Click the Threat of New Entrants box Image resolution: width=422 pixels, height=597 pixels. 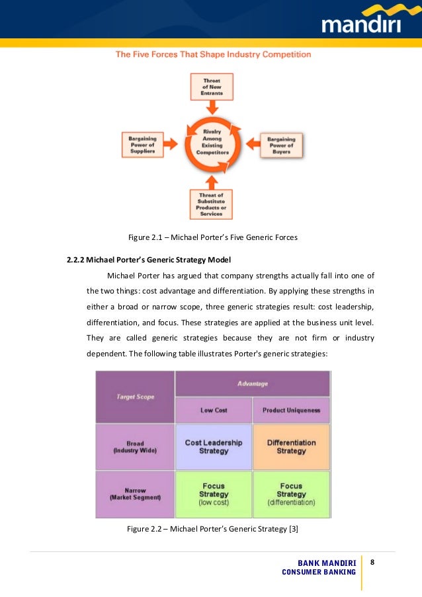pyautogui.click(x=211, y=87)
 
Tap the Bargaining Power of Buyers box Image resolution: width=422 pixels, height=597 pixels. pyautogui.click(x=284, y=144)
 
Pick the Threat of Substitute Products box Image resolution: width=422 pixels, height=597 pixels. pyautogui.click(x=211, y=204)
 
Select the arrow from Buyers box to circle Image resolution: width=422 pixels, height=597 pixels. pyautogui.click(x=253, y=143)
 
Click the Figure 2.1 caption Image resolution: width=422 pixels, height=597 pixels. pyautogui.click(x=212, y=237)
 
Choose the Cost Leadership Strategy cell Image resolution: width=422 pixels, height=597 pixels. pyautogui.click(x=213, y=447)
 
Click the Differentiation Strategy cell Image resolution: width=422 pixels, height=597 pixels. pyautogui.click(x=291, y=447)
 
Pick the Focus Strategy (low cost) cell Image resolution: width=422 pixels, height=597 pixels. pyautogui.click(x=213, y=494)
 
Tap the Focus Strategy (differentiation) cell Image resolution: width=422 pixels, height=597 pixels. pyautogui.click(x=291, y=494)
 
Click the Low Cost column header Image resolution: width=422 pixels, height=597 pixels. pyautogui.click(x=213, y=411)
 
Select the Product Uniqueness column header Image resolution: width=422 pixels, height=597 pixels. pyautogui.click(x=291, y=411)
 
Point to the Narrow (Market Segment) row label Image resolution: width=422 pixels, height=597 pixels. pyautogui.click(x=135, y=494)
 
